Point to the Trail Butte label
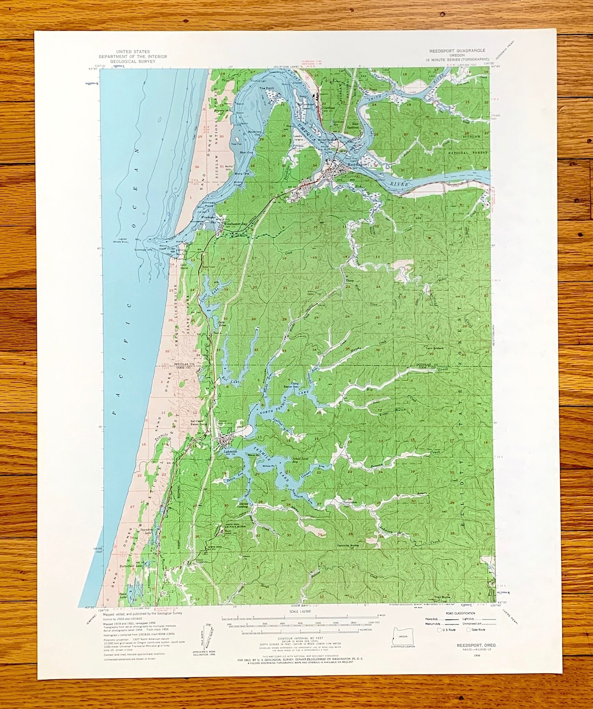click(441, 597)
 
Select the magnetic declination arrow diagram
click(208, 637)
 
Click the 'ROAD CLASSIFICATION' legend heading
click(461, 613)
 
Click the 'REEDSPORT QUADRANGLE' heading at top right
click(457, 51)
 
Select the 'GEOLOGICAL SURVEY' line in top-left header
click(132, 62)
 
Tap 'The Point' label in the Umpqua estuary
click(266, 88)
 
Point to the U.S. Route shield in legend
click(439, 630)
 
